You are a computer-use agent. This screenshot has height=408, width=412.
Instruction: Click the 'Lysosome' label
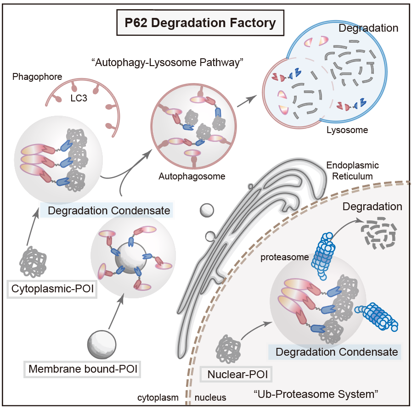click(x=347, y=130)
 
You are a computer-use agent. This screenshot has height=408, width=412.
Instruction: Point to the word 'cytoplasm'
click(x=158, y=397)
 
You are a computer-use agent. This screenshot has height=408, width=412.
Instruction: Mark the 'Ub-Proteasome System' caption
click(x=316, y=393)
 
